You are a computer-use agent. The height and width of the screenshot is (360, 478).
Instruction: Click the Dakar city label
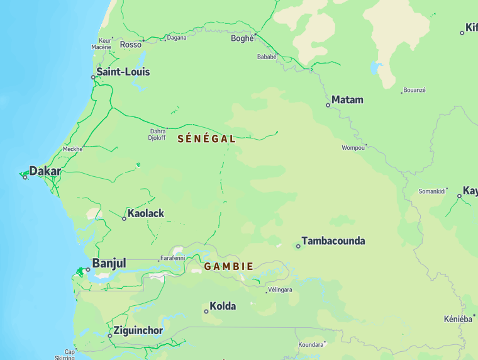click(x=45, y=171)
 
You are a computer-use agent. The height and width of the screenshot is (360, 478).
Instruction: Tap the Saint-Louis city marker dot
click(x=93, y=77)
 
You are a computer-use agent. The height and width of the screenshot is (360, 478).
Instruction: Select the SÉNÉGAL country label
click(x=207, y=138)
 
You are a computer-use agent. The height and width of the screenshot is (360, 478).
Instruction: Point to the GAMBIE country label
click(x=229, y=266)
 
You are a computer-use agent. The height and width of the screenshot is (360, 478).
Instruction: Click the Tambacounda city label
click(x=333, y=241)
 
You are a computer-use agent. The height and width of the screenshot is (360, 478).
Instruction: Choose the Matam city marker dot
click(x=328, y=105)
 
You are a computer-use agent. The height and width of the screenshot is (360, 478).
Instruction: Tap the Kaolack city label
click(x=145, y=213)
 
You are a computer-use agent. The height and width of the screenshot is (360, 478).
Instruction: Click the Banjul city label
click(x=109, y=263)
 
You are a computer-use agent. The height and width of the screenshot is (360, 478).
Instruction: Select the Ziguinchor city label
click(x=138, y=330)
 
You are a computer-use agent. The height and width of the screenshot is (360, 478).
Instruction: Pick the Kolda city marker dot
click(x=206, y=311)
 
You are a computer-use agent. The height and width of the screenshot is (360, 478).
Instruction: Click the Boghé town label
click(x=242, y=38)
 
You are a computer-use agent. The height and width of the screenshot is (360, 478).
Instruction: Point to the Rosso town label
click(x=131, y=45)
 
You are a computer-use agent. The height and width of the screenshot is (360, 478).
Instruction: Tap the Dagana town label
click(x=177, y=38)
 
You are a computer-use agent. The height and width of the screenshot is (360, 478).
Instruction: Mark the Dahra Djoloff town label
click(x=157, y=135)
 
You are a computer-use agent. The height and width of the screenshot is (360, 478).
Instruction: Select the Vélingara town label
click(x=280, y=290)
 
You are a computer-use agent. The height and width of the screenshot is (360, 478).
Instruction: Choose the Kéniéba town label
click(x=458, y=319)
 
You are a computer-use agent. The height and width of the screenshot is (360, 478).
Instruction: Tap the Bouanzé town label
click(x=414, y=90)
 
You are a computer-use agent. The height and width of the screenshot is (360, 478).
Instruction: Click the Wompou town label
click(x=353, y=148)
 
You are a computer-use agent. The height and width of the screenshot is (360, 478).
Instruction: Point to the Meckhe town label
click(x=72, y=149)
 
